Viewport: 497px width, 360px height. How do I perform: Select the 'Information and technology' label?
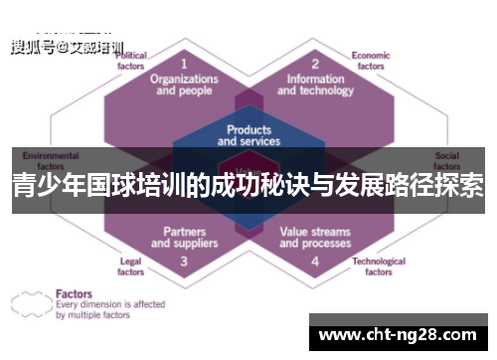click(x=314, y=84)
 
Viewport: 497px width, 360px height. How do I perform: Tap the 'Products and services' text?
click(x=248, y=135)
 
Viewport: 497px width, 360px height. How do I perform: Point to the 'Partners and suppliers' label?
click(x=184, y=238)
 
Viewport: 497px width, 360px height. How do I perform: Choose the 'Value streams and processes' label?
click(x=314, y=238)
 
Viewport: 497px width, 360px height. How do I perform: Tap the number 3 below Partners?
click(x=184, y=262)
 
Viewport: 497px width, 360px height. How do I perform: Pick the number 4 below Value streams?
click(x=314, y=262)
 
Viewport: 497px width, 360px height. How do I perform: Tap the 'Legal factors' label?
click(x=130, y=267)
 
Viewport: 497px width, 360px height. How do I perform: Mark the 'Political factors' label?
click(x=132, y=61)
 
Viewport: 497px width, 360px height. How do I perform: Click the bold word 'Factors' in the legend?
click(x=76, y=293)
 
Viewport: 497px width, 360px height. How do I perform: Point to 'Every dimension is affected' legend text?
click(x=110, y=304)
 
